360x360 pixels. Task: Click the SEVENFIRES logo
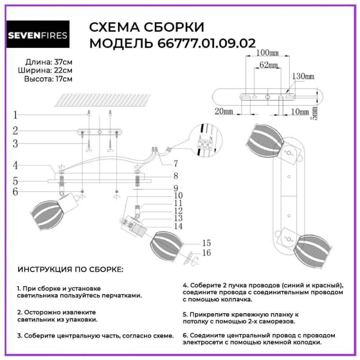pos(37,35)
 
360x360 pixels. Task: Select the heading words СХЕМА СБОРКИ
pos(147,28)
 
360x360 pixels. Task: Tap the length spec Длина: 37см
pos(49,62)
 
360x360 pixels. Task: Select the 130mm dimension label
pos(302,77)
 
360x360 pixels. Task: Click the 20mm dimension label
pos(223,112)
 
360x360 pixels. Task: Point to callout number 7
pos(175,163)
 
